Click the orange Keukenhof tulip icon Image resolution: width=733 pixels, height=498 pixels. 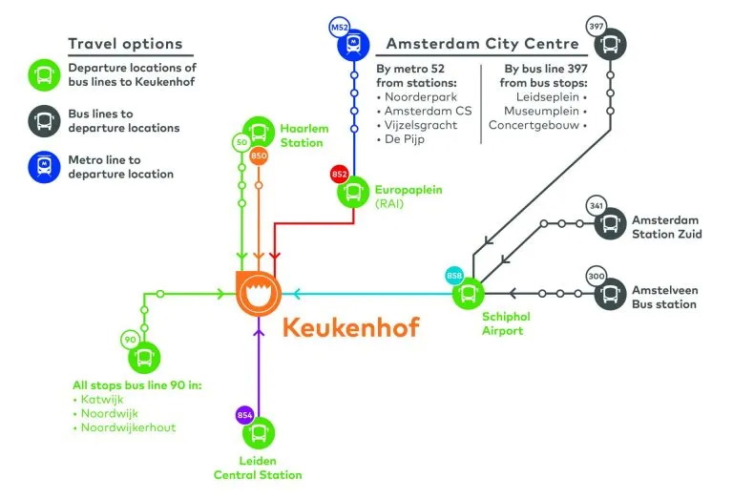pyautogui.click(x=258, y=293)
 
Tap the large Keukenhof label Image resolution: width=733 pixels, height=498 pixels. pyautogui.click(x=350, y=329)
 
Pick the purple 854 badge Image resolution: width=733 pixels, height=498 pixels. pyautogui.click(x=244, y=414)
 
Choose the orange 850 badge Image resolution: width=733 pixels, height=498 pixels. pyautogui.click(x=260, y=156)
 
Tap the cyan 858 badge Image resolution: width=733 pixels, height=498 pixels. pyautogui.click(x=454, y=277)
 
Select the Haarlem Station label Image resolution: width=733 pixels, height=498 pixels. pyautogui.click(x=302, y=135)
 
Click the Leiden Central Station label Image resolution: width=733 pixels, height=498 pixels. pyautogui.click(x=258, y=468)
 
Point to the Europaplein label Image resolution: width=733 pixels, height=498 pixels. pyautogui.click(x=408, y=190)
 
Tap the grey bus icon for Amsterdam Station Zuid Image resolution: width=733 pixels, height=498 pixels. pyautogui.click(x=611, y=224)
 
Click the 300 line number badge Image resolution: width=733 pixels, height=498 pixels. pyautogui.click(x=597, y=276)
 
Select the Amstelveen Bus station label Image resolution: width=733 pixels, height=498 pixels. pyautogui.click(x=664, y=297)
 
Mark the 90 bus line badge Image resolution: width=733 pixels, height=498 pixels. pyautogui.click(x=130, y=340)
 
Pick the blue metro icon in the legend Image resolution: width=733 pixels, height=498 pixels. pyautogui.click(x=45, y=167)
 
